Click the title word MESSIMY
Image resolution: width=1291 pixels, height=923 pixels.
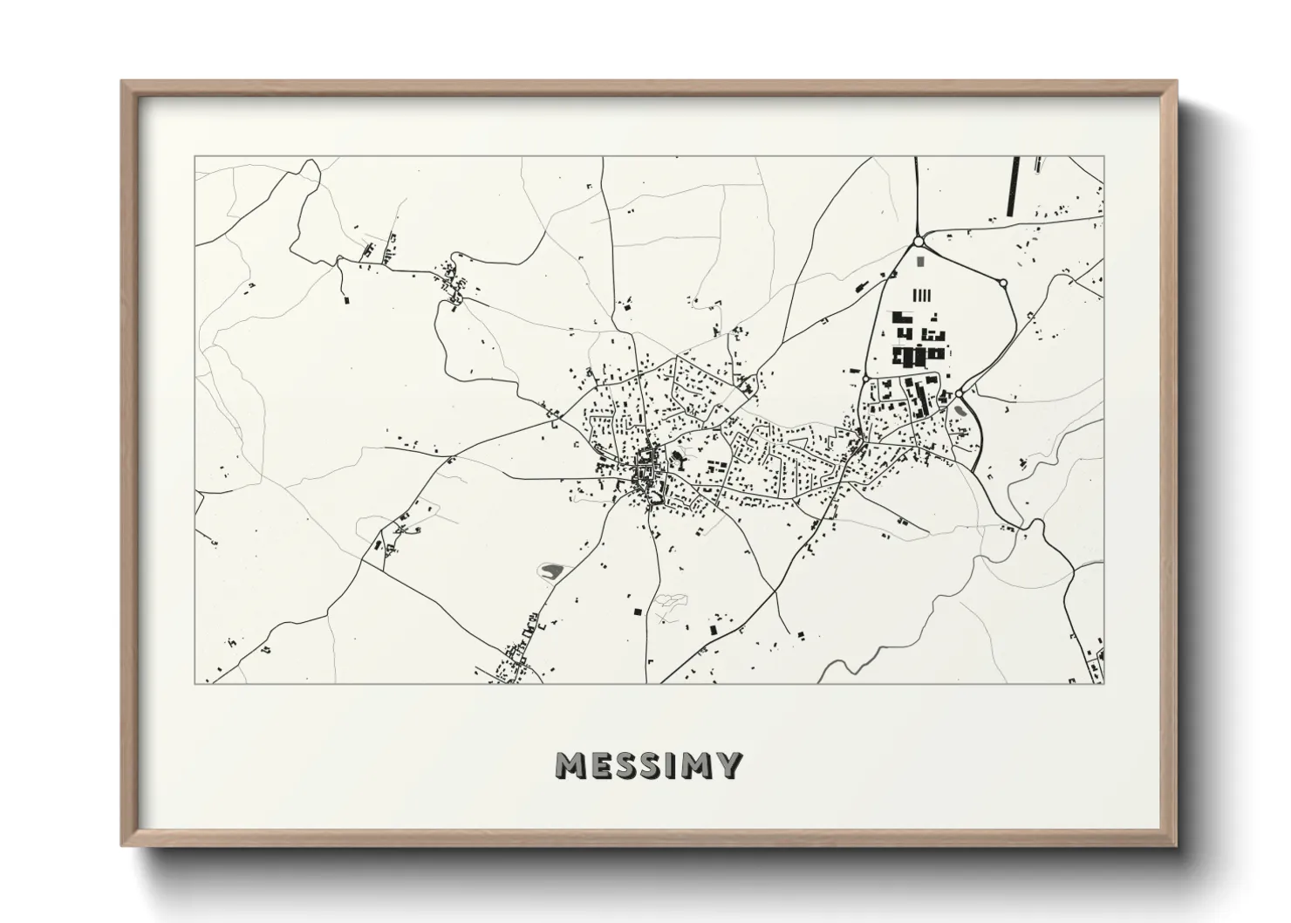click(648, 766)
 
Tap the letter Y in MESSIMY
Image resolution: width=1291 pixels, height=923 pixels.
click(728, 766)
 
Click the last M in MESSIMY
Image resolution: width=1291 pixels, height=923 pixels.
click(697, 766)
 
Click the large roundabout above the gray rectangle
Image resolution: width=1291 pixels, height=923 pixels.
click(918, 242)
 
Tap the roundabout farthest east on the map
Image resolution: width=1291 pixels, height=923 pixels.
click(1002, 283)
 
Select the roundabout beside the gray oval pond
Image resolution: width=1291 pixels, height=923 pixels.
click(959, 394)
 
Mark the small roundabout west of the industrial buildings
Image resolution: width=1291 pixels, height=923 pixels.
click(864, 379)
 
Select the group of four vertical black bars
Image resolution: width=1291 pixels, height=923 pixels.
click(923, 295)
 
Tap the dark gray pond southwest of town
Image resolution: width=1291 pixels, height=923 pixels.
click(551, 571)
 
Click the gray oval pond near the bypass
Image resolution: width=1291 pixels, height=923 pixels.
click(960, 408)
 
